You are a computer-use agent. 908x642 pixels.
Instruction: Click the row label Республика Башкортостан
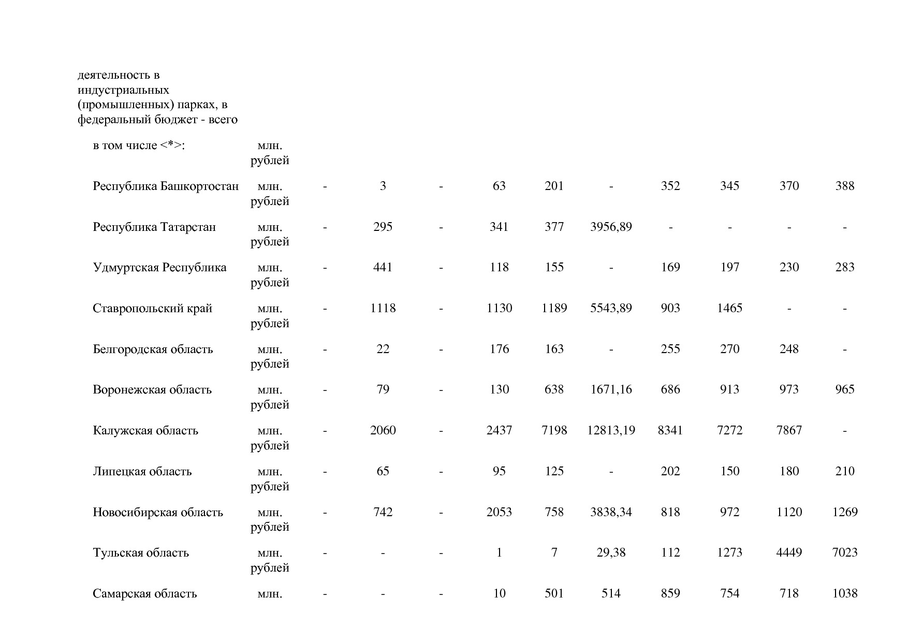click(x=166, y=186)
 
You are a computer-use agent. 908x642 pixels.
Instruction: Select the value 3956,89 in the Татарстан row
click(x=611, y=227)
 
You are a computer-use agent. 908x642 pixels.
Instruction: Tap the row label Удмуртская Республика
click(x=159, y=268)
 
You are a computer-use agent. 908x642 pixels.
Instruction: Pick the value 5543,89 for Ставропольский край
click(x=611, y=309)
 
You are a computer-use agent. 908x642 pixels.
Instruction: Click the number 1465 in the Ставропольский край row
click(x=729, y=309)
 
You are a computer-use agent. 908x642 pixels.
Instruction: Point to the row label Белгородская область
click(x=153, y=349)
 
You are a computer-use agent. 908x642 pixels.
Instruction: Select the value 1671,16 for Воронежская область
click(x=611, y=390)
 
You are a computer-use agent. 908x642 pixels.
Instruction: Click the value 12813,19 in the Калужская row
click(x=611, y=431)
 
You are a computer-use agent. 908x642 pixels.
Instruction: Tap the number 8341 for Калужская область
click(x=670, y=431)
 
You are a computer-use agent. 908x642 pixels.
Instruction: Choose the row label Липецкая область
click(x=142, y=472)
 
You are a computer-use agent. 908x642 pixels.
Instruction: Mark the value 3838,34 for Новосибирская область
click(x=611, y=513)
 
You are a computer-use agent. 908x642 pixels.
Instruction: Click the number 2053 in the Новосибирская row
click(x=499, y=513)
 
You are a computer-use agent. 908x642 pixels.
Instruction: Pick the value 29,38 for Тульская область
click(x=611, y=553)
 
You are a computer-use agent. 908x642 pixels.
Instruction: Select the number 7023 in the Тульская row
click(x=844, y=553)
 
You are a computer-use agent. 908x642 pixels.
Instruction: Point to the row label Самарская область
click(x=145, y=594)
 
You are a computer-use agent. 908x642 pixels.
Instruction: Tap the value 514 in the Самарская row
click(x=611, y=594)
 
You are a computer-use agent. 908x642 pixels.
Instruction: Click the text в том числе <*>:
click(x=139, y=145)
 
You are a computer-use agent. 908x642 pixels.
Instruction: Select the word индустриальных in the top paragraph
click(x=123, y=90)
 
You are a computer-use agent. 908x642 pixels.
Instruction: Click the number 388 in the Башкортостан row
click(x=844, y=186)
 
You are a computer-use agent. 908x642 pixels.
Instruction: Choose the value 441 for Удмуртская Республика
click(x=383, y=268)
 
